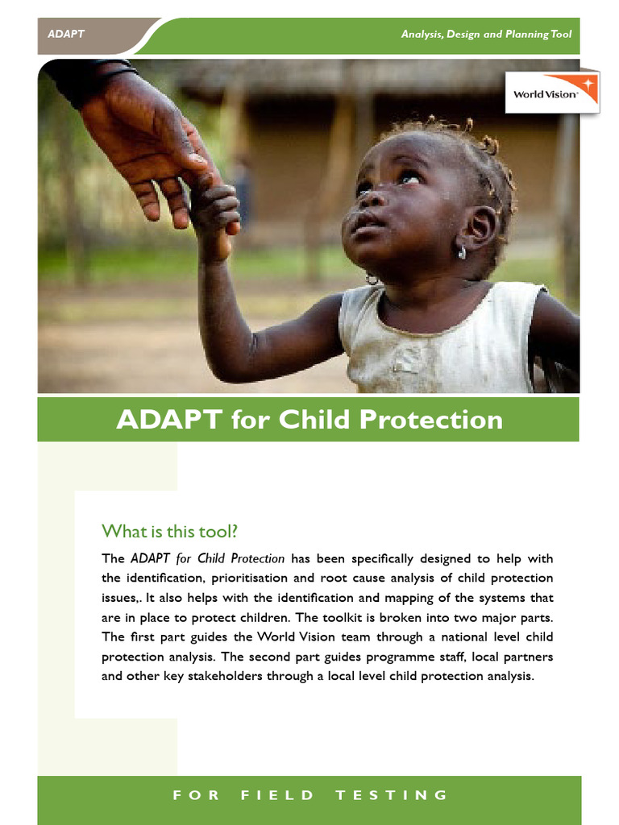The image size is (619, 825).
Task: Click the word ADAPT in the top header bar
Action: (x=66, y=35)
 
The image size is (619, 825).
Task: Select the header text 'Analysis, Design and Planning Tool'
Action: (x=486, y=35)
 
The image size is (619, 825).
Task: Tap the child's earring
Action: (x=461, y=252)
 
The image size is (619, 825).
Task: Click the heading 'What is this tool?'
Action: (x=170, y=532)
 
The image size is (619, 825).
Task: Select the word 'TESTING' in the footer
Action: (x=391, y=795)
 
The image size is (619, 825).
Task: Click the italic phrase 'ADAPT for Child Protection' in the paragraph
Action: (x=207, y=558)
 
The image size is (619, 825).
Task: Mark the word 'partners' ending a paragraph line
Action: (x=527, y=657)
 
